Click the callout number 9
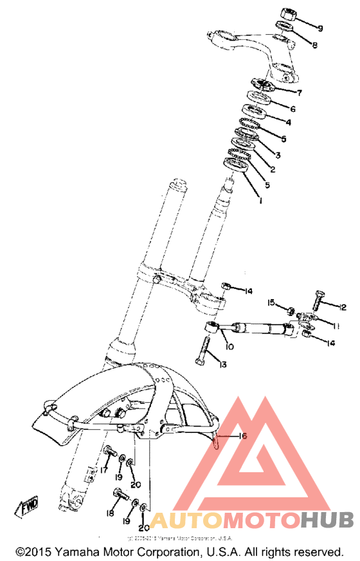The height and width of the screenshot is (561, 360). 319,28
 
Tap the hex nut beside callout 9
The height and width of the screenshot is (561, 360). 287,14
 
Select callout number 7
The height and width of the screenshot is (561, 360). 299,93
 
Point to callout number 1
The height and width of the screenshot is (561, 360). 260,201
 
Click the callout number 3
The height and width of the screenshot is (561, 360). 278,155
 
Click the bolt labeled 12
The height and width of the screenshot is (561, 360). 319,300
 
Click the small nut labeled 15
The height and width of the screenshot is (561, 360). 291,312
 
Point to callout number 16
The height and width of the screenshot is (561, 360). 242,436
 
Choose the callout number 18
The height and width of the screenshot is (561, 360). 109,515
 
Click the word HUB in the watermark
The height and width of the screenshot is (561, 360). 327,519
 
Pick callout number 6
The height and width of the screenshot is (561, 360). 292,109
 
